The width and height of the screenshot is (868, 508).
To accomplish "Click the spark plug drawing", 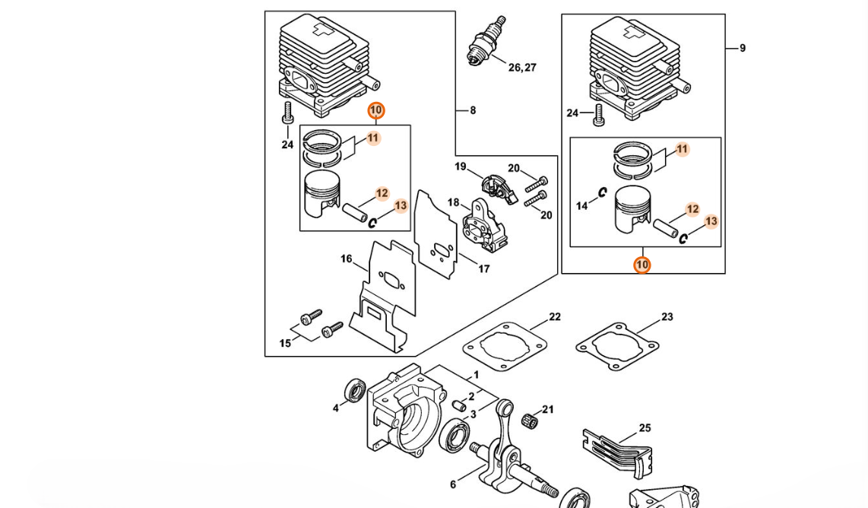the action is point(486,41).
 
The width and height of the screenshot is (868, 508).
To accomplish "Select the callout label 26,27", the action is point(523,68).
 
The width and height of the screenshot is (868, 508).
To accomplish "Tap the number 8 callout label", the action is point(473,110).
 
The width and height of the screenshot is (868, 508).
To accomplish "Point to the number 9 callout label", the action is point(743,48).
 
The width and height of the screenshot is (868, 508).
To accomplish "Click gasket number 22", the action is point(505,347).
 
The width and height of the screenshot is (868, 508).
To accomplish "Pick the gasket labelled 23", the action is point(617,346).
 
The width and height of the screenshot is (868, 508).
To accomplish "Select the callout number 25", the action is point(645,427).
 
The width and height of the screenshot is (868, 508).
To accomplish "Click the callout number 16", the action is point(346,259).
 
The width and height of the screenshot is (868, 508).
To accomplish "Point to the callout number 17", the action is point(484,268).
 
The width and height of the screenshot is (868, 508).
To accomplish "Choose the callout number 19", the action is point(461,167).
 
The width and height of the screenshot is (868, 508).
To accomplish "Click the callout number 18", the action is point(453,202).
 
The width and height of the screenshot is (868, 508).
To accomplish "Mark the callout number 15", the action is point(285,344).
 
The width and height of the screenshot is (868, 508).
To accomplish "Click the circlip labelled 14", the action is point(602,192).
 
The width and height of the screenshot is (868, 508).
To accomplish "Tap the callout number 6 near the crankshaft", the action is point(453,484).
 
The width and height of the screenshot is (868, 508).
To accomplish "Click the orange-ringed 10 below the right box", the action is point(642,265).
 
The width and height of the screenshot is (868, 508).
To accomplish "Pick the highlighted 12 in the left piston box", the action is point(382,193).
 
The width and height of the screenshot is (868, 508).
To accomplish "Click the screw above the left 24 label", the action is point(287,113).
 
